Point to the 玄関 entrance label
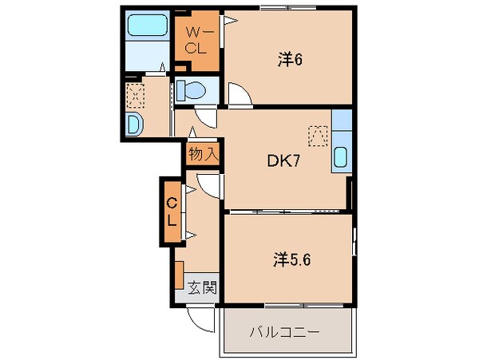[201, 287]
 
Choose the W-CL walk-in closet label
[196, 39]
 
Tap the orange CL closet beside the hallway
[171, 213]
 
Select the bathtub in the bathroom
[146, 27]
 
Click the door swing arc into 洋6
[239, 95]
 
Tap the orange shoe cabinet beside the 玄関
[180, 274]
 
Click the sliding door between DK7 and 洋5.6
[287, 211]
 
